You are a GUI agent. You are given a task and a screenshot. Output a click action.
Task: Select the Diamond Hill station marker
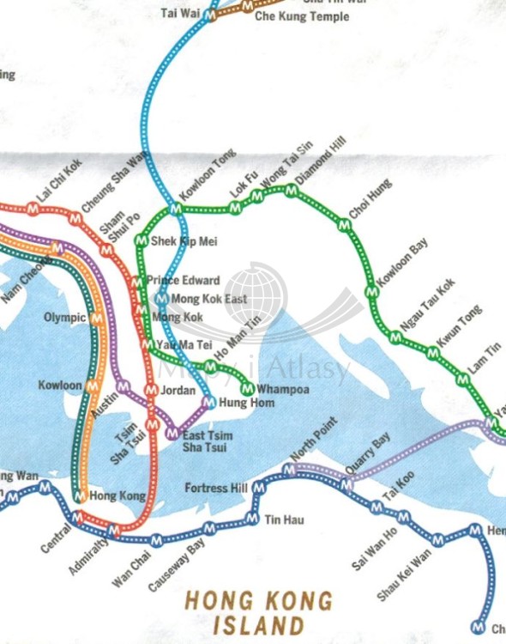[x=292, y=191]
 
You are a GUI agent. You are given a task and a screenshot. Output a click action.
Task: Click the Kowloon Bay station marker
[x=371, y=292]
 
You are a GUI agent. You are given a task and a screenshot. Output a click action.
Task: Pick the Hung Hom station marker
[x=208, y=402]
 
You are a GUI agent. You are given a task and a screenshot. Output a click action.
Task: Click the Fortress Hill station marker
[x=260, y=488]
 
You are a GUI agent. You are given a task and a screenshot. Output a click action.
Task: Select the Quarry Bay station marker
[x=346, y=485]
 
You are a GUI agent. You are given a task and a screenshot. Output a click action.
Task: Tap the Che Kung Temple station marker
[x=248, y=6]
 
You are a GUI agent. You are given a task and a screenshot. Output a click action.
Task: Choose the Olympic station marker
[x=95, y=318]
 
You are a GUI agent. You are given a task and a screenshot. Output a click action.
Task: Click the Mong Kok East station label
[x=209, y=299]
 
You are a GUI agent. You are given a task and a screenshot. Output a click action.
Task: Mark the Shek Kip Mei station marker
[x=141, y=241]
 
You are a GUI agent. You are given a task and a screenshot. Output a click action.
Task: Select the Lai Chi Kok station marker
[x=33, y=208]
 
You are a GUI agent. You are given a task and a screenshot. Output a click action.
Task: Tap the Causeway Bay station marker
[x=208, y=528]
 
